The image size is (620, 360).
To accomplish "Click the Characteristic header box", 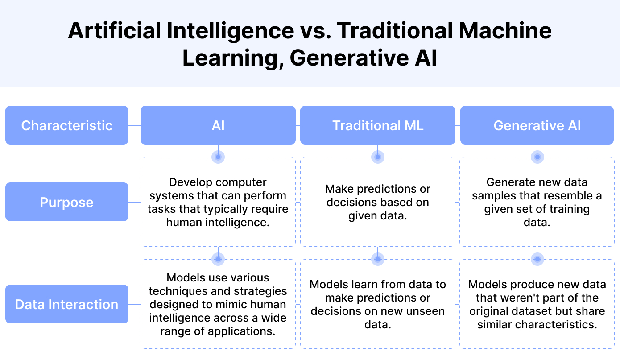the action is point(67,125).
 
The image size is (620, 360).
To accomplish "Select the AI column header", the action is point(218,125).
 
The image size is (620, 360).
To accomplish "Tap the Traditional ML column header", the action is point(378,125).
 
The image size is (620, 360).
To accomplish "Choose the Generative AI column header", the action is point(537,125).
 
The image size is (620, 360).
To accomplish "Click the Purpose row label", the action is point(67,202).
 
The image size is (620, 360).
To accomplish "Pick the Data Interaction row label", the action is point(67,304).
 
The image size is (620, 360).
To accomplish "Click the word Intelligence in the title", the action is point(230,31).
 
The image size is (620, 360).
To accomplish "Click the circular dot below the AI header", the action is point(218,157).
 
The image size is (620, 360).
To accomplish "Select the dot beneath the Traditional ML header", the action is point(378,157).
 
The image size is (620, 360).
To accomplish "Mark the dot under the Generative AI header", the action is point(537,157).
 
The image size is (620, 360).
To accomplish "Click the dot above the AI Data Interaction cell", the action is point(218,259).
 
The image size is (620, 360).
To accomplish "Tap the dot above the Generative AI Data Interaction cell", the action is point(537,259).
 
